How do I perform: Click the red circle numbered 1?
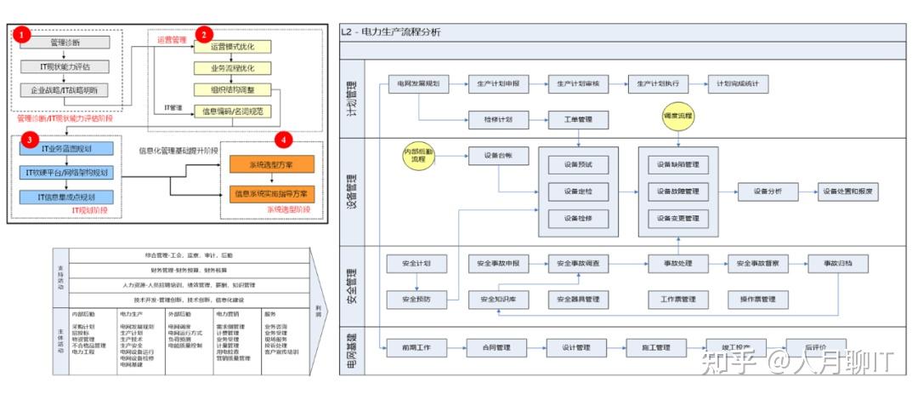[x=23, y=36]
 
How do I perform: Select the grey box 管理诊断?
[x=65, y=42]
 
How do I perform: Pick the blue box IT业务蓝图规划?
[x=67, y=150]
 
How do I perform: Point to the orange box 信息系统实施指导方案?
[x=271, y=193]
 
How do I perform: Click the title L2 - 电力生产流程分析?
[x=391, y=32]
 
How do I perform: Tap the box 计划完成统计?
[x=737, y=83]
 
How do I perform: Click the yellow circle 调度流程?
[x=677, y=114]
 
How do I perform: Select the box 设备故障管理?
[x=677, y=191]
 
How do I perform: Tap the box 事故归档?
[x=836, y=264]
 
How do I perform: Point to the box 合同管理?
[x=496, y=347]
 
